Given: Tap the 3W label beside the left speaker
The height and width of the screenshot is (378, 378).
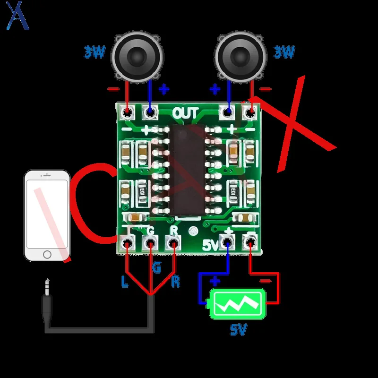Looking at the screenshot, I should point(95,52).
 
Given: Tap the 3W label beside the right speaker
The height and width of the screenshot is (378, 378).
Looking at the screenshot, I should point(284,52).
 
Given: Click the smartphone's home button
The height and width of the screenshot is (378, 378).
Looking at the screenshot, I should point(47,255).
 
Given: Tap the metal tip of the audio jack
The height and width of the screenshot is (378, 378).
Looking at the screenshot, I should point(47,286).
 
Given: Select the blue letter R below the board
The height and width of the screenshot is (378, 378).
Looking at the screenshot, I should point(175,282).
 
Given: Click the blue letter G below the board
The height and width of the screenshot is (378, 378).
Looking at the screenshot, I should point(156,268).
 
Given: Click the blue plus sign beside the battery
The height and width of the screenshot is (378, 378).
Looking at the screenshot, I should point(215,281).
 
